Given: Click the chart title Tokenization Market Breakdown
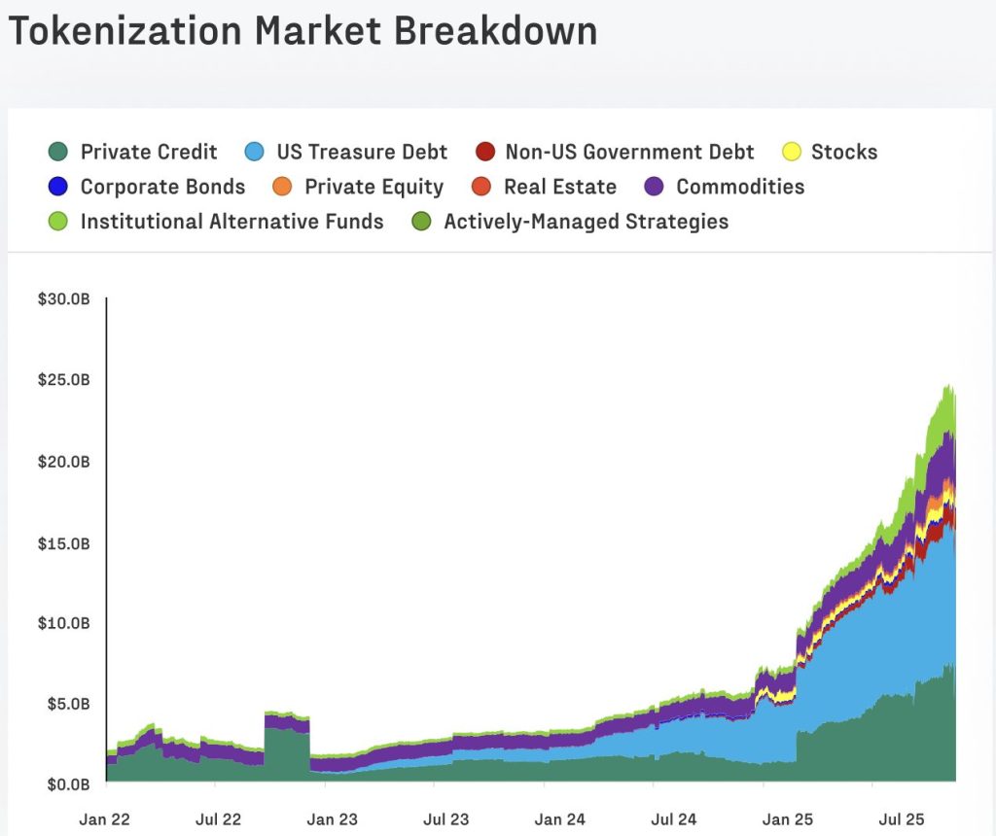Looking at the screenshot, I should tap(302, 32).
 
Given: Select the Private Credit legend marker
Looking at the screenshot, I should tap(58, 152).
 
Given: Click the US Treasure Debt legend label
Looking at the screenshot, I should tap(362, 152).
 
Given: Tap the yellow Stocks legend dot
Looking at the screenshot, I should tap(793, 152).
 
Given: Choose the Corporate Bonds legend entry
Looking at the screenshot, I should tap(162, 187).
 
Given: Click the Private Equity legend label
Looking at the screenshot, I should tap(373, 187).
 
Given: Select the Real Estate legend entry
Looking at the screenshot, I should tap(559, 187).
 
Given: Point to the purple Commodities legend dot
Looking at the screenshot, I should tap(655, 187).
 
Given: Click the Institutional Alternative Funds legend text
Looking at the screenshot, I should tap(231, 222).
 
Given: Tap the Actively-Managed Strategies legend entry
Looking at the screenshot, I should tap(586, 222).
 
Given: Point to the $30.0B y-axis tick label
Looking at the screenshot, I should tap(64, 299).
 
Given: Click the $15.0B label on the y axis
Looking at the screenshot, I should tap(64, 541).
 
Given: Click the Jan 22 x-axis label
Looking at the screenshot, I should tap(104, 819).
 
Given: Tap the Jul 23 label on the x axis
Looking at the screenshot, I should tap(447, 819).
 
